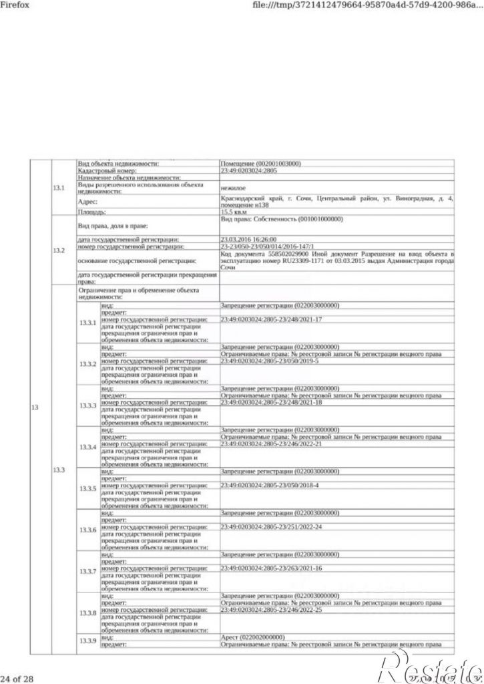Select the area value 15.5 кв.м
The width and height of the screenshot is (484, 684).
[x=234, y=212]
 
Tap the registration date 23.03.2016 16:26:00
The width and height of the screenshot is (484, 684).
[x=248, y=238]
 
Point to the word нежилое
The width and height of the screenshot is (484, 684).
[x=232, y=187]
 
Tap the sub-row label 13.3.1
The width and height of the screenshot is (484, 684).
[x=88, y=323]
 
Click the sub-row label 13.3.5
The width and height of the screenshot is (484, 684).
[x=88, y=488]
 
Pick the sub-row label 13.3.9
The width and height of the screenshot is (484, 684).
[x=88, y=641]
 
